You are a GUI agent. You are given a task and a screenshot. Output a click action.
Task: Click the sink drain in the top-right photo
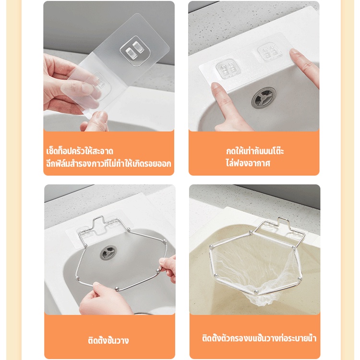tap(264, 97)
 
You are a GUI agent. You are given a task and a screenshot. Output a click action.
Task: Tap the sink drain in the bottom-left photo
tap(108, 252)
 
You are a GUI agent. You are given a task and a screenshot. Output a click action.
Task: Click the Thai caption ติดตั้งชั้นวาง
tap(108, 340)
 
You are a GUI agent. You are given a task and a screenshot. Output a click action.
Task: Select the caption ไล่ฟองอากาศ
tap(248, 163)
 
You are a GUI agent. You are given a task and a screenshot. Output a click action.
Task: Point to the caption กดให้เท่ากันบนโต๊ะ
tap(255, 151)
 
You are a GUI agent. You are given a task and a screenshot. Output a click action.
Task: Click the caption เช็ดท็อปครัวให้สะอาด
tap(80, 151)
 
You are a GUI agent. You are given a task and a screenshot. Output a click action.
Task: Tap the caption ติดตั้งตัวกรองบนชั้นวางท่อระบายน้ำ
tap(259, 338)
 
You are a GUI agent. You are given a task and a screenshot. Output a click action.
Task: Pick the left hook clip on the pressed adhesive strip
tap(226, 69)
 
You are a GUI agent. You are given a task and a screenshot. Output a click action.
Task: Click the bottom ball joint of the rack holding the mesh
tap(257, 292)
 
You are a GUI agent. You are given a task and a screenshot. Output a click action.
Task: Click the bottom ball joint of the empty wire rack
tap(117, 288)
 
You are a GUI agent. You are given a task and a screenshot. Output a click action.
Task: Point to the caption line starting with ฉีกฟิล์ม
tap(108, 164)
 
